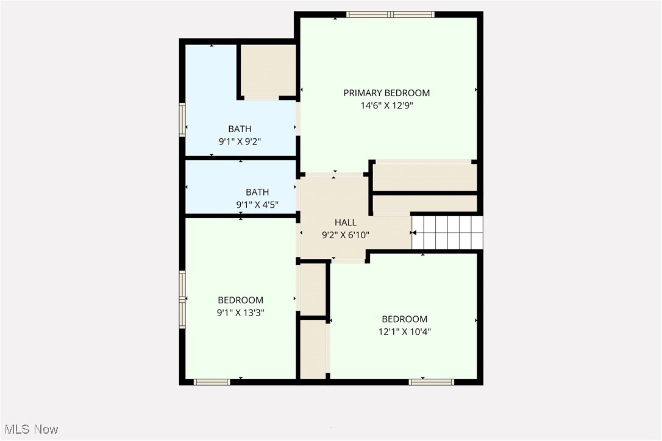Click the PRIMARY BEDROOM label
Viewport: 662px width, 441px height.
point(386,93)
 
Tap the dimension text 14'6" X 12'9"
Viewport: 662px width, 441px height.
point(386,105)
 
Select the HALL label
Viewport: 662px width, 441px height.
point(346,223)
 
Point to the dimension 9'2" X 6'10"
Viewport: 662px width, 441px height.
point(346,235)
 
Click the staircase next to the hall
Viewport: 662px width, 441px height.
point(447,232)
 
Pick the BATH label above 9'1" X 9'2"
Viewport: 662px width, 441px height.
point(240,129)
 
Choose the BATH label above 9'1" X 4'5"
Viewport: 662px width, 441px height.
point(257,192)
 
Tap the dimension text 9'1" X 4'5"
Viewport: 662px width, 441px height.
point(257,205)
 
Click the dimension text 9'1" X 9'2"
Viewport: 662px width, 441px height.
point(240,141)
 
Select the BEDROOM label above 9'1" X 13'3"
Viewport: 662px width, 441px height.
point(241,300)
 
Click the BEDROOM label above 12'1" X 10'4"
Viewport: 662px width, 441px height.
point(404,319)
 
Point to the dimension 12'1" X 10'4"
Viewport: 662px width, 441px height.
point(404,332)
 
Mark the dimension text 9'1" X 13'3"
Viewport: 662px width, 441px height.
point(241,312)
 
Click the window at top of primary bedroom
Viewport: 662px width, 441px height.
point(390,14)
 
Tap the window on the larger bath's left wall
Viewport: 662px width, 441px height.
point(182,119)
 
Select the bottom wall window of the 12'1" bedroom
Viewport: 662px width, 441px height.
point(432,382)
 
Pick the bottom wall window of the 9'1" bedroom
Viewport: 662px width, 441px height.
point(212,382)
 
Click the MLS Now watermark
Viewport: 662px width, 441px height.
point(29,429)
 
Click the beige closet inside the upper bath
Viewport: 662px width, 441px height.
point(268,70)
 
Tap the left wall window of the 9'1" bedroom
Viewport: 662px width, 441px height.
point(182,300)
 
